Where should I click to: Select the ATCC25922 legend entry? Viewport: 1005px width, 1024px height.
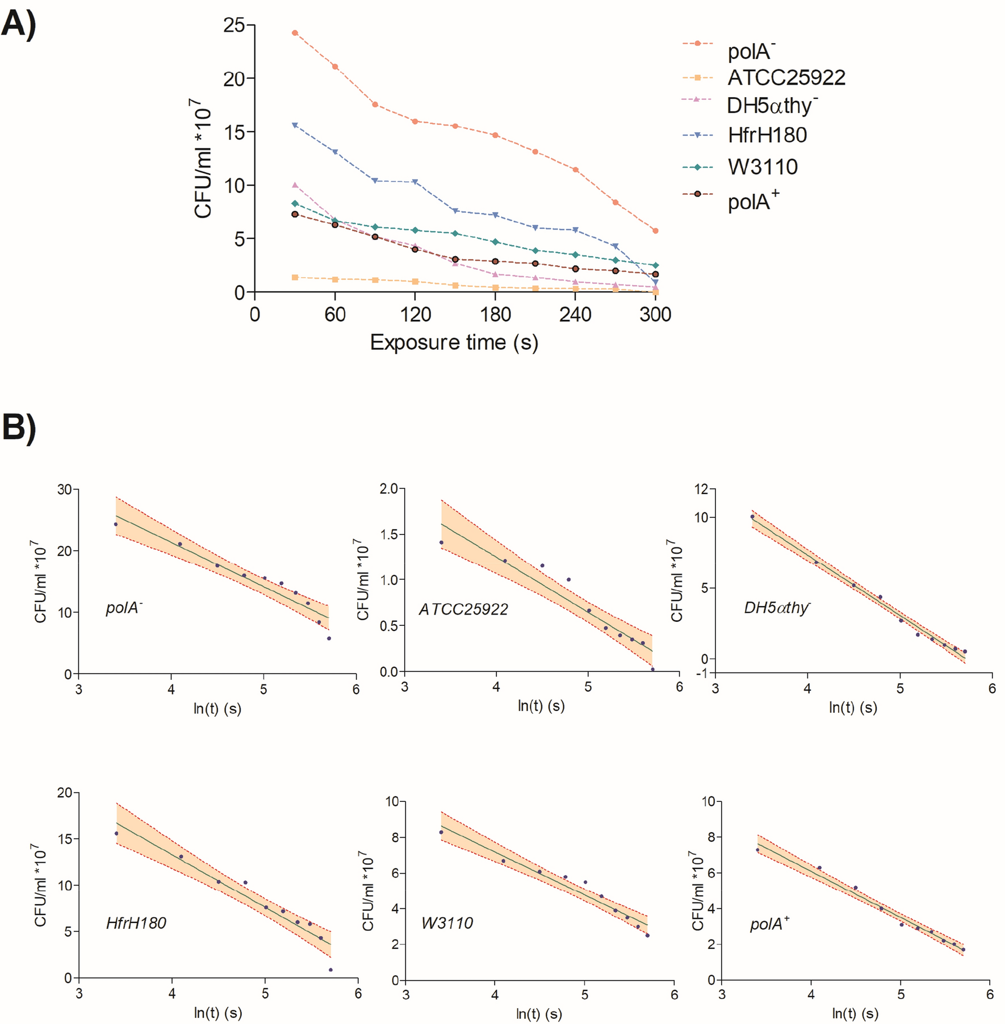(786, 78)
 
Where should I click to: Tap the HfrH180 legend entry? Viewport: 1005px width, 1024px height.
(767, 135)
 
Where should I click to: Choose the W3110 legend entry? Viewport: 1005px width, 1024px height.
(763, 167)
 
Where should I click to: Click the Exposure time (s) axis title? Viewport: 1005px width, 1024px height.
(454, 342)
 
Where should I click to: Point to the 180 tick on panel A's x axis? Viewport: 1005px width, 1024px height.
(496, 314)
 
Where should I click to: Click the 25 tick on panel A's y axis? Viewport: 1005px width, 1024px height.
(233, 25)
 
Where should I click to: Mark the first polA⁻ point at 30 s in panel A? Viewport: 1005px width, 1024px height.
(295, 33)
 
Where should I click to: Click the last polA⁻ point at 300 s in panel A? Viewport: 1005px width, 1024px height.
(655, 231)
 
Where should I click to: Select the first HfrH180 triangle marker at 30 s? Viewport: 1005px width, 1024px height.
(295, 125)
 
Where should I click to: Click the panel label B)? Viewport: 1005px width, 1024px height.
(19, 427)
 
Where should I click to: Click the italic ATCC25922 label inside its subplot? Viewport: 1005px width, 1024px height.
(463, 609)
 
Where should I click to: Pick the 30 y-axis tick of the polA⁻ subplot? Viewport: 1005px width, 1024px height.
(64, 490)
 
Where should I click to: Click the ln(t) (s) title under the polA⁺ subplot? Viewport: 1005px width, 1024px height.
(855, 1013)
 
